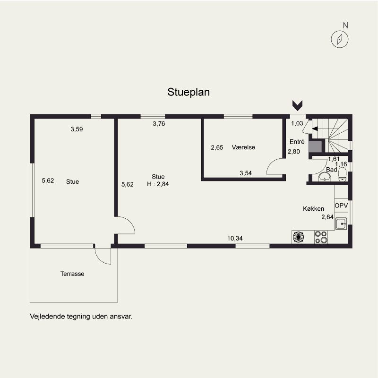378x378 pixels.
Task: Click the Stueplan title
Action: click(x=189, y=92)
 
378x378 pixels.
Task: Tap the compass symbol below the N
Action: click(x=340, y=39)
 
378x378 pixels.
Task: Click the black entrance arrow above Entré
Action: click(x=298, y=105)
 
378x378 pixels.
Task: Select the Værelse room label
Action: click(x=243, y=147)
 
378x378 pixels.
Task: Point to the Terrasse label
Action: click(x=72, y=274)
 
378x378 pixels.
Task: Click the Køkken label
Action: click(x=313, y=208)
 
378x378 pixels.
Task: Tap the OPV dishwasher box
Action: click(x=341, y=206)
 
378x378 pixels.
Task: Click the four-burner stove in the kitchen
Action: click(x=321, y=237)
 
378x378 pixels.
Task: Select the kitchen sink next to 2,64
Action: click(x=341, y=223)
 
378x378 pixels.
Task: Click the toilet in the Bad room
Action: click(x=342, y=174)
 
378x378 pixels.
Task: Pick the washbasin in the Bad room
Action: click(x=325, y=178)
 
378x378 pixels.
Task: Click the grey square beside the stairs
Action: click(x=315, y=146)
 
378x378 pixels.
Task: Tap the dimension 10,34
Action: click(x=235, y=239)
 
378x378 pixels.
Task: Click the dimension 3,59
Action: click(x=77, y=129)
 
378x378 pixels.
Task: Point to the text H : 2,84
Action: click(x=158, y=184)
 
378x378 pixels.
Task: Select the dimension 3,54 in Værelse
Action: click(x=246, y=173)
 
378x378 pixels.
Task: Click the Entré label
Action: click(x=297, y=142)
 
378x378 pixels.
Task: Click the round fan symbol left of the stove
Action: click(x=299, y=237)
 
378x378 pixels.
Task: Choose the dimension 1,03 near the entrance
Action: click(x=297, y=123)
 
